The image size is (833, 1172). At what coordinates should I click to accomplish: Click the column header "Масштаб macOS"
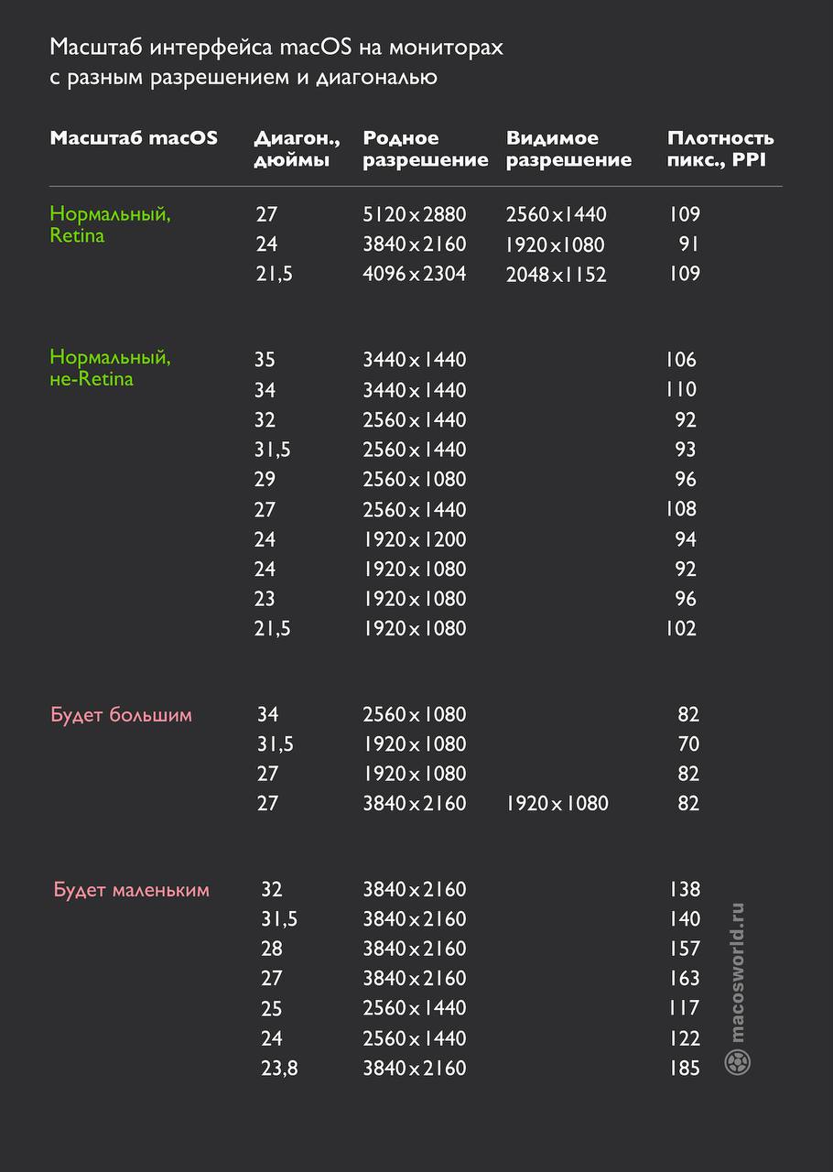point(134,138)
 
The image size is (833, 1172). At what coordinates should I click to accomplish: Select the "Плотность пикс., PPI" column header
point(720,149)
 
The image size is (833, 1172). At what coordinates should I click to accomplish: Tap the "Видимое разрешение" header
point(568,149)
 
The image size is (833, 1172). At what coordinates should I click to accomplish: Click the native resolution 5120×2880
point(415,214)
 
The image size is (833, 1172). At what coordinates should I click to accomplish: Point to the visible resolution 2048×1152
point(556,275)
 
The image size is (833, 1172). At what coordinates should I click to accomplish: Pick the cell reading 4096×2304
point(415,274)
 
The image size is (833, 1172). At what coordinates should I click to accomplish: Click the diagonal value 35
point(265,360)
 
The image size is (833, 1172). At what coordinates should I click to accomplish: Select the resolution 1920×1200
point(415,539)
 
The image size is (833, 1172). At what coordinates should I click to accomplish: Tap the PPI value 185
point(684,1068)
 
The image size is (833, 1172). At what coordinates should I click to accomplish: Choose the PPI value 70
point(688,743)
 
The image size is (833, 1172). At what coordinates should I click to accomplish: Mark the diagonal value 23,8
point(279,1068)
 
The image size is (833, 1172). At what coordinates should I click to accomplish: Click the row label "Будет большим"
point(121,714)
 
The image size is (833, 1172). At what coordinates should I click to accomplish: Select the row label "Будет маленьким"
point(131,889)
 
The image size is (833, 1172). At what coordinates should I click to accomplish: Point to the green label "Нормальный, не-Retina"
point(110,367)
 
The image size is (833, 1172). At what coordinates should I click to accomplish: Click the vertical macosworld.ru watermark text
point(738,971)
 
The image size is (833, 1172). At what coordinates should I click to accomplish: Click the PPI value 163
point(684,978)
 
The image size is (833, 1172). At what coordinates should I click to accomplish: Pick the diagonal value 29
point(265,479)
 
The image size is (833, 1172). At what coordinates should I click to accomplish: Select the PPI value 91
point(688,244)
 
